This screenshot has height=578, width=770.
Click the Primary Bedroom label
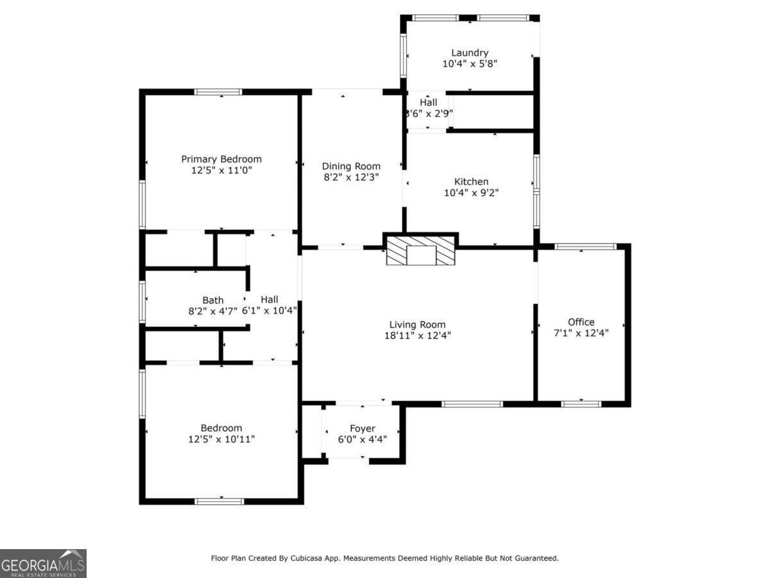(221, 159)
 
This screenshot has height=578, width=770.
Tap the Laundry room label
(470, 53)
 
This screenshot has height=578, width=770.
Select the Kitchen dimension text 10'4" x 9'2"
(471, 192)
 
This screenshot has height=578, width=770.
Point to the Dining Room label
(351, 166)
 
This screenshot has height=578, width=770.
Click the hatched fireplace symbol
(421, 250)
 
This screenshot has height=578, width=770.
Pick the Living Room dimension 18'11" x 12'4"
(417, 335)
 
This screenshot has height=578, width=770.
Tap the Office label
(581, 322)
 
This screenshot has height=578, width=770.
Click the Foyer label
(363, 428)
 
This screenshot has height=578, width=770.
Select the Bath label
(213, 300)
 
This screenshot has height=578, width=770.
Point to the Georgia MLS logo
(43, 563)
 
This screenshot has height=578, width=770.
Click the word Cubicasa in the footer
(321, 558)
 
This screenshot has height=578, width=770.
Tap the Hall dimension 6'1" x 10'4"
(269, 310)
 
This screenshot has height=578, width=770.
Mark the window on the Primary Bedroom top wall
(218, 92)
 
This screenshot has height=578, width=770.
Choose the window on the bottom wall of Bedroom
(219, 501)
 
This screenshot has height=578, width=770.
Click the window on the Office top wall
(585, 247)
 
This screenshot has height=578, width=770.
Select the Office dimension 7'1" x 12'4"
(581, 333)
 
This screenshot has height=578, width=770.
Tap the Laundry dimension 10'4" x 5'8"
(470, 64)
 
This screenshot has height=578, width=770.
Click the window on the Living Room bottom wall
(472, 404)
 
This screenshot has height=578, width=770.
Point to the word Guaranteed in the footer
(534, 558)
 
